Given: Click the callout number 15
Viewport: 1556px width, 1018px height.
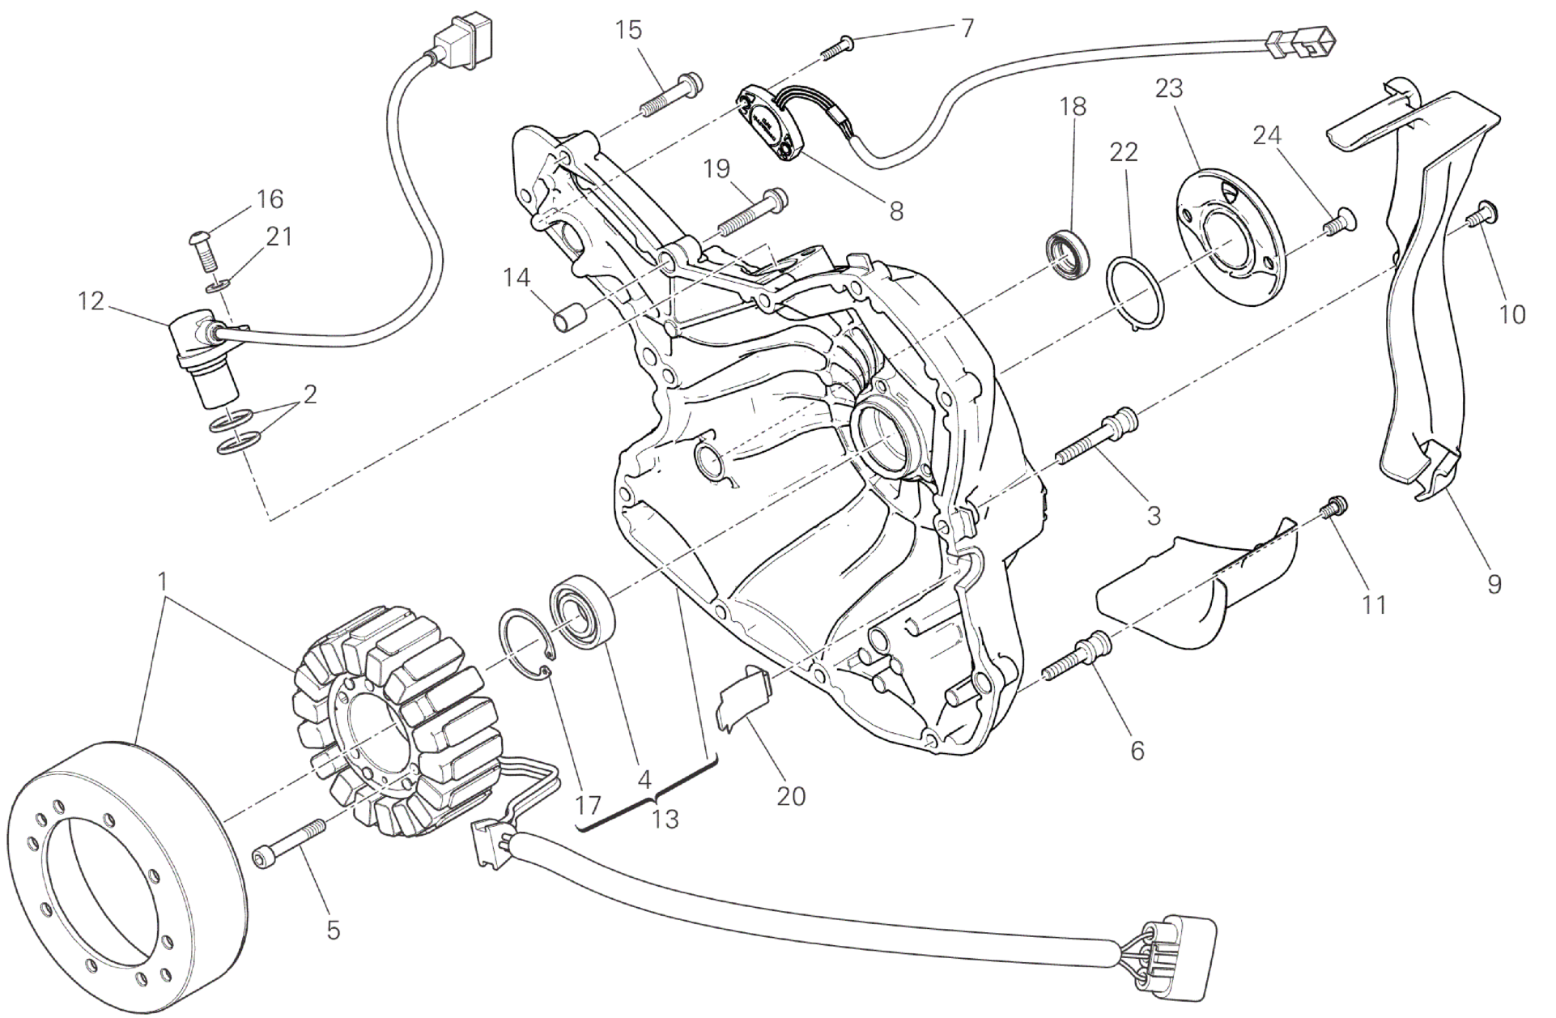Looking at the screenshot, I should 628,31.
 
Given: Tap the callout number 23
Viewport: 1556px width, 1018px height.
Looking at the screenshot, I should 1169,88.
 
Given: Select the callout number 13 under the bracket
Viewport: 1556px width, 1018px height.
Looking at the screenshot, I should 665,819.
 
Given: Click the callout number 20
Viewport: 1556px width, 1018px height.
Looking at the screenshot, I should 791,796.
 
